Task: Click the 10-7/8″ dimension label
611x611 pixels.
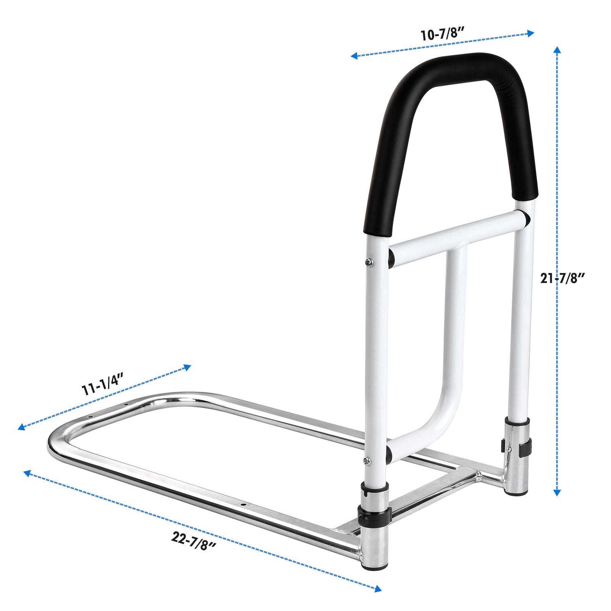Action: click(x=442, y=34)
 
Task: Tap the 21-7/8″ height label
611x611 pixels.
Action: click(x=563, y=278)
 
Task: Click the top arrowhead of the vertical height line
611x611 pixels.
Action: click(x=557, y=50)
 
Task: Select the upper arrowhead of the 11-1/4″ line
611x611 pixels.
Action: click(x=187, y=367)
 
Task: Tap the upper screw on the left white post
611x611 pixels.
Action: click(x=369, y=262)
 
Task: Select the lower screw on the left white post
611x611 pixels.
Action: click(x=367, y=461)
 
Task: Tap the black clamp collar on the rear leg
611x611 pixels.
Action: click(x=516, y=445)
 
